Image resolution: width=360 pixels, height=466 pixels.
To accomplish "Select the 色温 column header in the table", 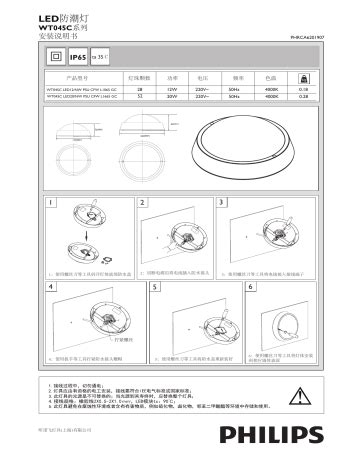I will (x=270, y=77).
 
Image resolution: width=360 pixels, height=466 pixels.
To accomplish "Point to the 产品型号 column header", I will (x=78, y=77).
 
